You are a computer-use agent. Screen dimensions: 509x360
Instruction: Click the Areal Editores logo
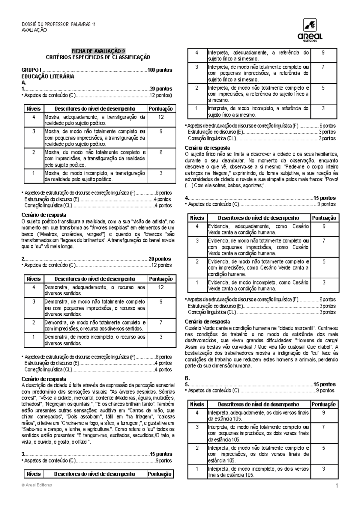pos(310,31)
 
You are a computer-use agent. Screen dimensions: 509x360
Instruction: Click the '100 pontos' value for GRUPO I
pos(160,70)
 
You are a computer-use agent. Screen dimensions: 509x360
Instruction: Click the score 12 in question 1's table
pos(161,117)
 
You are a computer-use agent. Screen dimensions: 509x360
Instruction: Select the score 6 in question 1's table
pos(161,152)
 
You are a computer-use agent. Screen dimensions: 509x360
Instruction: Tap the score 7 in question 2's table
pos(161,323)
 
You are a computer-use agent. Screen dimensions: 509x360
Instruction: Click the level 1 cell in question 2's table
pos(34,337)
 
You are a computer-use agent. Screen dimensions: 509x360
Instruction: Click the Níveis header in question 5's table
pos(197,404)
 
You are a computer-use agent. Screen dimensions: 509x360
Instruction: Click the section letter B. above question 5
pos(187,378)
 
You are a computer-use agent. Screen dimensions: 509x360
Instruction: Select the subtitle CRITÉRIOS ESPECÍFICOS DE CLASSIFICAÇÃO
pos(98,57)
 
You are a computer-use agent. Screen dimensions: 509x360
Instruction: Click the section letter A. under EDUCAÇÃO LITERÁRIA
pos(24,82)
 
